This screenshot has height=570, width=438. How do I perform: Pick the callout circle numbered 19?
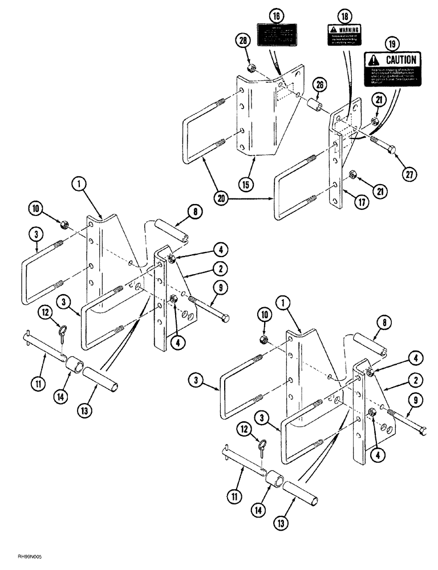point(394,42)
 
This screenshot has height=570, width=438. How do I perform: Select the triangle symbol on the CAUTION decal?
point(373,60)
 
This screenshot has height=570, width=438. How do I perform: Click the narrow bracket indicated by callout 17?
point(336,171)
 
